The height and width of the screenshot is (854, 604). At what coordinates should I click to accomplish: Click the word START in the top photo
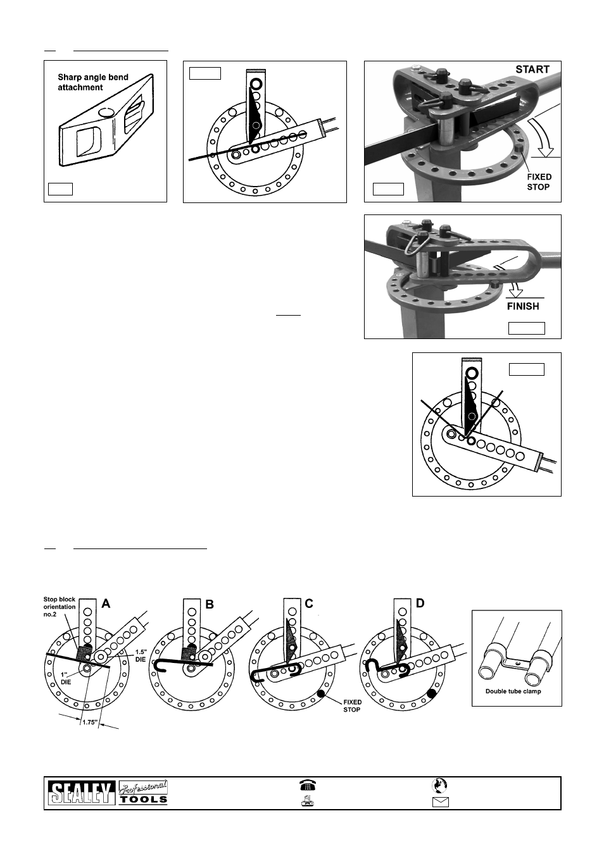[532, 70]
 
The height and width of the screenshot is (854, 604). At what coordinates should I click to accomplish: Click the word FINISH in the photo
[523, 306]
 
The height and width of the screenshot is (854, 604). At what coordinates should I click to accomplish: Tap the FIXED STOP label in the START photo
[539, 182]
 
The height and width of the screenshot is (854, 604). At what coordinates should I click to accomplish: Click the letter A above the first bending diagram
[106, 603]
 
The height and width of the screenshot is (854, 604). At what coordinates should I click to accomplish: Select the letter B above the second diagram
[210, 604]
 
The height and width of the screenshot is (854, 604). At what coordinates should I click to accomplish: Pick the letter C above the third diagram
[308, 603]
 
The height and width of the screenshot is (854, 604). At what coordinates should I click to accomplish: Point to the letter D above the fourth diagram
[419, 603]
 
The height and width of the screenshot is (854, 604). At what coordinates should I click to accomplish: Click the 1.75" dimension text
[90, 722]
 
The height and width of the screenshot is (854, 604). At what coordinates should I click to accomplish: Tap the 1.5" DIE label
[141, 656]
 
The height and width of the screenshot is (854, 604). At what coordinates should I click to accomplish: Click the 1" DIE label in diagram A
[66, 679]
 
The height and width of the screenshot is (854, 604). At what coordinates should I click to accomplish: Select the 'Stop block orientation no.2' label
[59, 607]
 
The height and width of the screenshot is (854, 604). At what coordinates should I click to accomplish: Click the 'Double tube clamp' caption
[513, 691]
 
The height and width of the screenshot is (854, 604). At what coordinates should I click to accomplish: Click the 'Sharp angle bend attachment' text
[92, 82]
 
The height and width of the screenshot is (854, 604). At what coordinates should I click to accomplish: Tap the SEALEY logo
[81, 793]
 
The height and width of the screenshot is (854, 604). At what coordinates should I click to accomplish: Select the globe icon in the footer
[439, 785]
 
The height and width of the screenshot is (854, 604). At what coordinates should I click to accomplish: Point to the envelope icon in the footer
[440, 802]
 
